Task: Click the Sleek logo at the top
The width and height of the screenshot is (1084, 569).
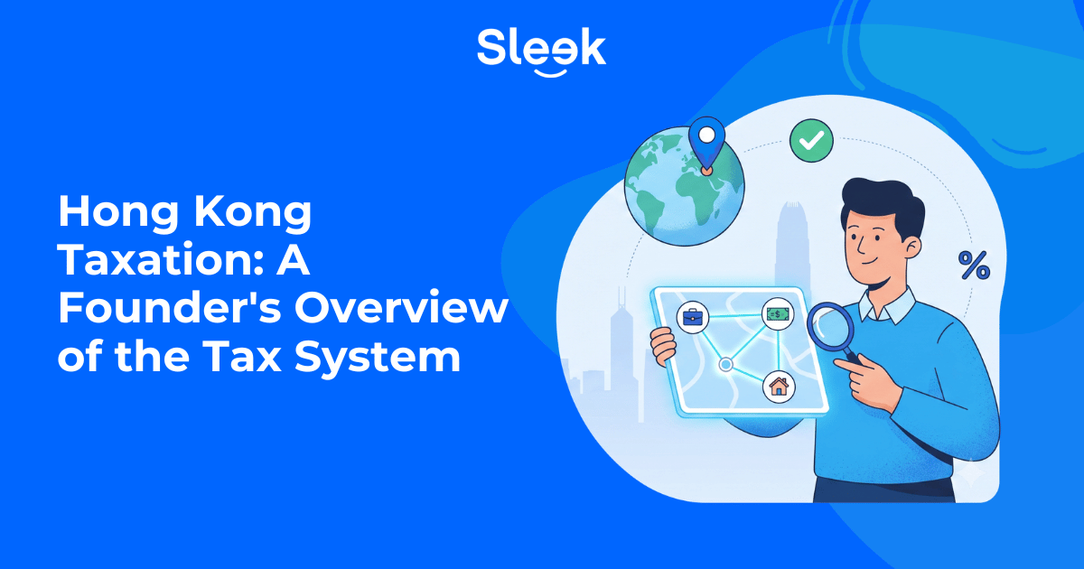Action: tap(541, 51)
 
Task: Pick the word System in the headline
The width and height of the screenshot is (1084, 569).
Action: tap(378, 358)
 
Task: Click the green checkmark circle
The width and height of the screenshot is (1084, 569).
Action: tap(811, 140)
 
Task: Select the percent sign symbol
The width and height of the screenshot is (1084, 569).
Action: tap(974, 266)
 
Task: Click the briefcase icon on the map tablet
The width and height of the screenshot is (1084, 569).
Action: tap(693, 317)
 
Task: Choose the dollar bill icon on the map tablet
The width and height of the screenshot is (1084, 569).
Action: tap(778, 314)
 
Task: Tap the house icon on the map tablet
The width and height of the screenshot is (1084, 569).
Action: tap(779, 387)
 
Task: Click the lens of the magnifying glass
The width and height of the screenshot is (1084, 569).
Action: tap(830, 327)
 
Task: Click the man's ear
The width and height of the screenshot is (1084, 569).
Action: tap(911, 247)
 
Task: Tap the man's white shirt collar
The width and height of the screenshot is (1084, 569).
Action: tap(887, 305)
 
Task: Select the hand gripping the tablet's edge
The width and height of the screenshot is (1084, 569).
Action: tap(662, 346)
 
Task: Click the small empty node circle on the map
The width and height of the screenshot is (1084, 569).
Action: tap(725, 364)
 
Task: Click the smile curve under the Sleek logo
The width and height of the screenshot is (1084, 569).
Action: tap(550, 73)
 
